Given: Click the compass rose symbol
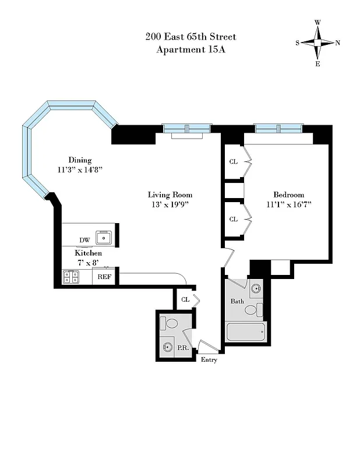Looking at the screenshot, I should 318,43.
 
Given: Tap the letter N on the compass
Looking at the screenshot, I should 338,43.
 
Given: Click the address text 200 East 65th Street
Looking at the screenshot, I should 190,37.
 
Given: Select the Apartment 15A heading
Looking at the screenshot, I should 190,50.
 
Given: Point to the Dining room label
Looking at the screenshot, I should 80,160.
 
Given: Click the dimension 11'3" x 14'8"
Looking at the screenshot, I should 80,170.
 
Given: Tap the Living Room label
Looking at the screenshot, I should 170,195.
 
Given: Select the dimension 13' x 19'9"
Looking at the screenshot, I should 170,204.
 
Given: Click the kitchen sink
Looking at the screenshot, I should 105,237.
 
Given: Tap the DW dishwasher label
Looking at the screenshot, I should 84,241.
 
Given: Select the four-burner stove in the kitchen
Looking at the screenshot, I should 70,277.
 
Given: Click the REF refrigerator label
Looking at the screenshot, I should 104,277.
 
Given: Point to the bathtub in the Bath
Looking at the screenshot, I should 245,332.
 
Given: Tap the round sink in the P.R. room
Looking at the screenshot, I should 168,348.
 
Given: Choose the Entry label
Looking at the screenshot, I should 209,360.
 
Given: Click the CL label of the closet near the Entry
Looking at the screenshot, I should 185,299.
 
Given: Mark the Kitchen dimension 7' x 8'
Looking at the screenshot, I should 88,263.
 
